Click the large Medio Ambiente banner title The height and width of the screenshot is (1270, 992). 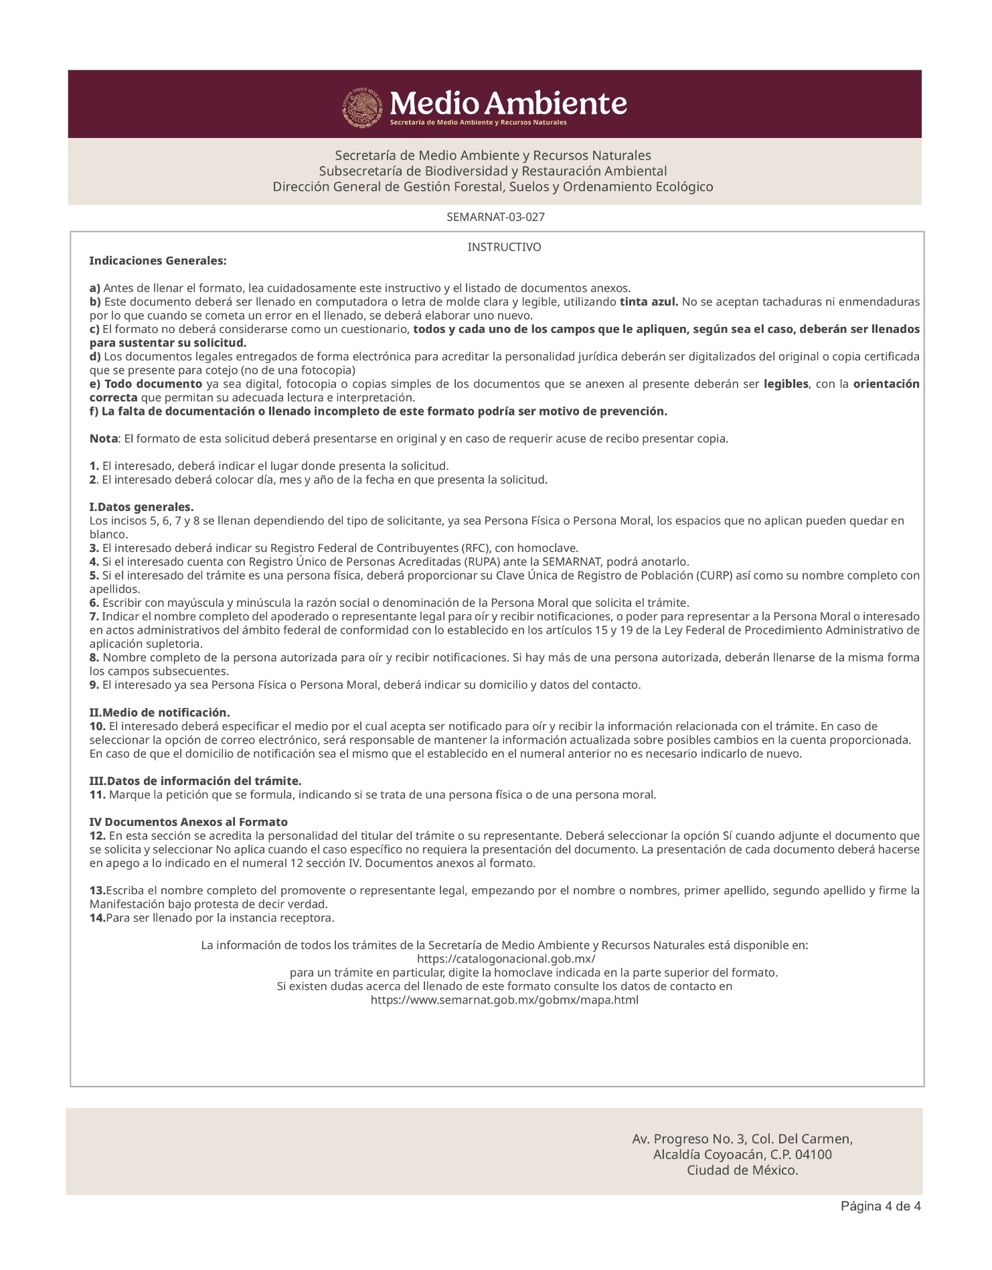click(x=508, y=104)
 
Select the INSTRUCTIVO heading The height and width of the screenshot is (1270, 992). click(x=504, y=248)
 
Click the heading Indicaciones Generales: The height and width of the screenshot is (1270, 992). click(x=158, y=260)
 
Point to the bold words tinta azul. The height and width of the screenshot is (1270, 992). click(x=649, y=302)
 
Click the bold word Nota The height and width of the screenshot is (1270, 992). click(x=104, y=439)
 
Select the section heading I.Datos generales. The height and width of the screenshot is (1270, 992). click(x=142, y=506)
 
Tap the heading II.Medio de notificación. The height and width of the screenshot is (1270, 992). click(x=160, y=712)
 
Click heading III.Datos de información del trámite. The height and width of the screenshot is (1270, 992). click(x=195, y=781)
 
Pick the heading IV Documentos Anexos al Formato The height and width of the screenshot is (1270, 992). click(x=189, y=822)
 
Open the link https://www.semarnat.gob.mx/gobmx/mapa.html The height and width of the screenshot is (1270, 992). click(x=504, y=1001)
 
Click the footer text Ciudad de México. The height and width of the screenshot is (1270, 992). click(x=742, y=1171)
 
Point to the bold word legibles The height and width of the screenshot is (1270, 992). click(x=786, y=384)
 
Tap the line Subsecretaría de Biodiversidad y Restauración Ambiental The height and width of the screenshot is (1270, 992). click(x=493, y=171)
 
